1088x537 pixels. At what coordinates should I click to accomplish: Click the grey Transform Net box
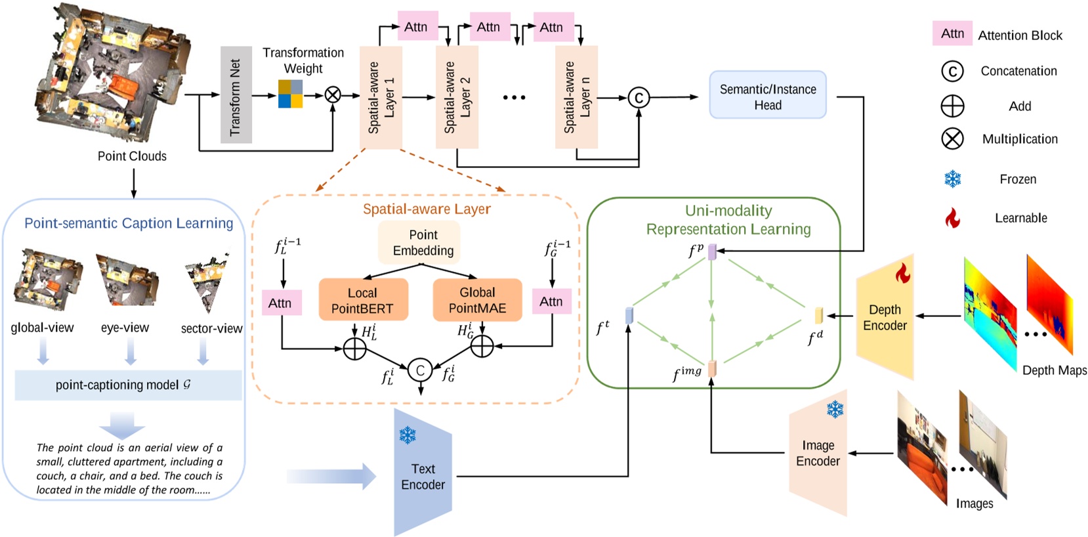[x=236, y=95]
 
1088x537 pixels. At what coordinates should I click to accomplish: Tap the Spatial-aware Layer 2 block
[x=457, y=97]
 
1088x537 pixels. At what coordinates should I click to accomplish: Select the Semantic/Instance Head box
[x=767, y=95]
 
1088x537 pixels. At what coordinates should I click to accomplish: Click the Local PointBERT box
[x=363, y=300]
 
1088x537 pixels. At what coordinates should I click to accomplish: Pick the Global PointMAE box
[x=477, y=300]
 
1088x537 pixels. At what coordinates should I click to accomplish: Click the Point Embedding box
[x=423, y=242]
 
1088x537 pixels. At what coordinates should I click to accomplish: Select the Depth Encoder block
[x=885, y=318]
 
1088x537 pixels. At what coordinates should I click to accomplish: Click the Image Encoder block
[x=818, y=453]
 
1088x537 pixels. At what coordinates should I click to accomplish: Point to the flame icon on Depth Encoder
[x=903, y=274]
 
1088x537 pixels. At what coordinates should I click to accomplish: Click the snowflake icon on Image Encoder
[x=835, y=410]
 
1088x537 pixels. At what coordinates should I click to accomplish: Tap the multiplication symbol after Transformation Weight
[x=333, y=95]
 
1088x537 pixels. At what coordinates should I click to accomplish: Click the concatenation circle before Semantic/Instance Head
[x=638, y=98]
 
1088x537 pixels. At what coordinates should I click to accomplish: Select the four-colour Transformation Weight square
[x=290, y=94]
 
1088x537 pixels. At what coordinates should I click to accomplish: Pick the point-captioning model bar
[x=128, y=385]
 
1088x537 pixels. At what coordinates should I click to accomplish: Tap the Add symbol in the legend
[x=952, y=106]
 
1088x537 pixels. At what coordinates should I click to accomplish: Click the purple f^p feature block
[x=712, y=251]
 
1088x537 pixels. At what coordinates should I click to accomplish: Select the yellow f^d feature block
[x=818, y=316]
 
